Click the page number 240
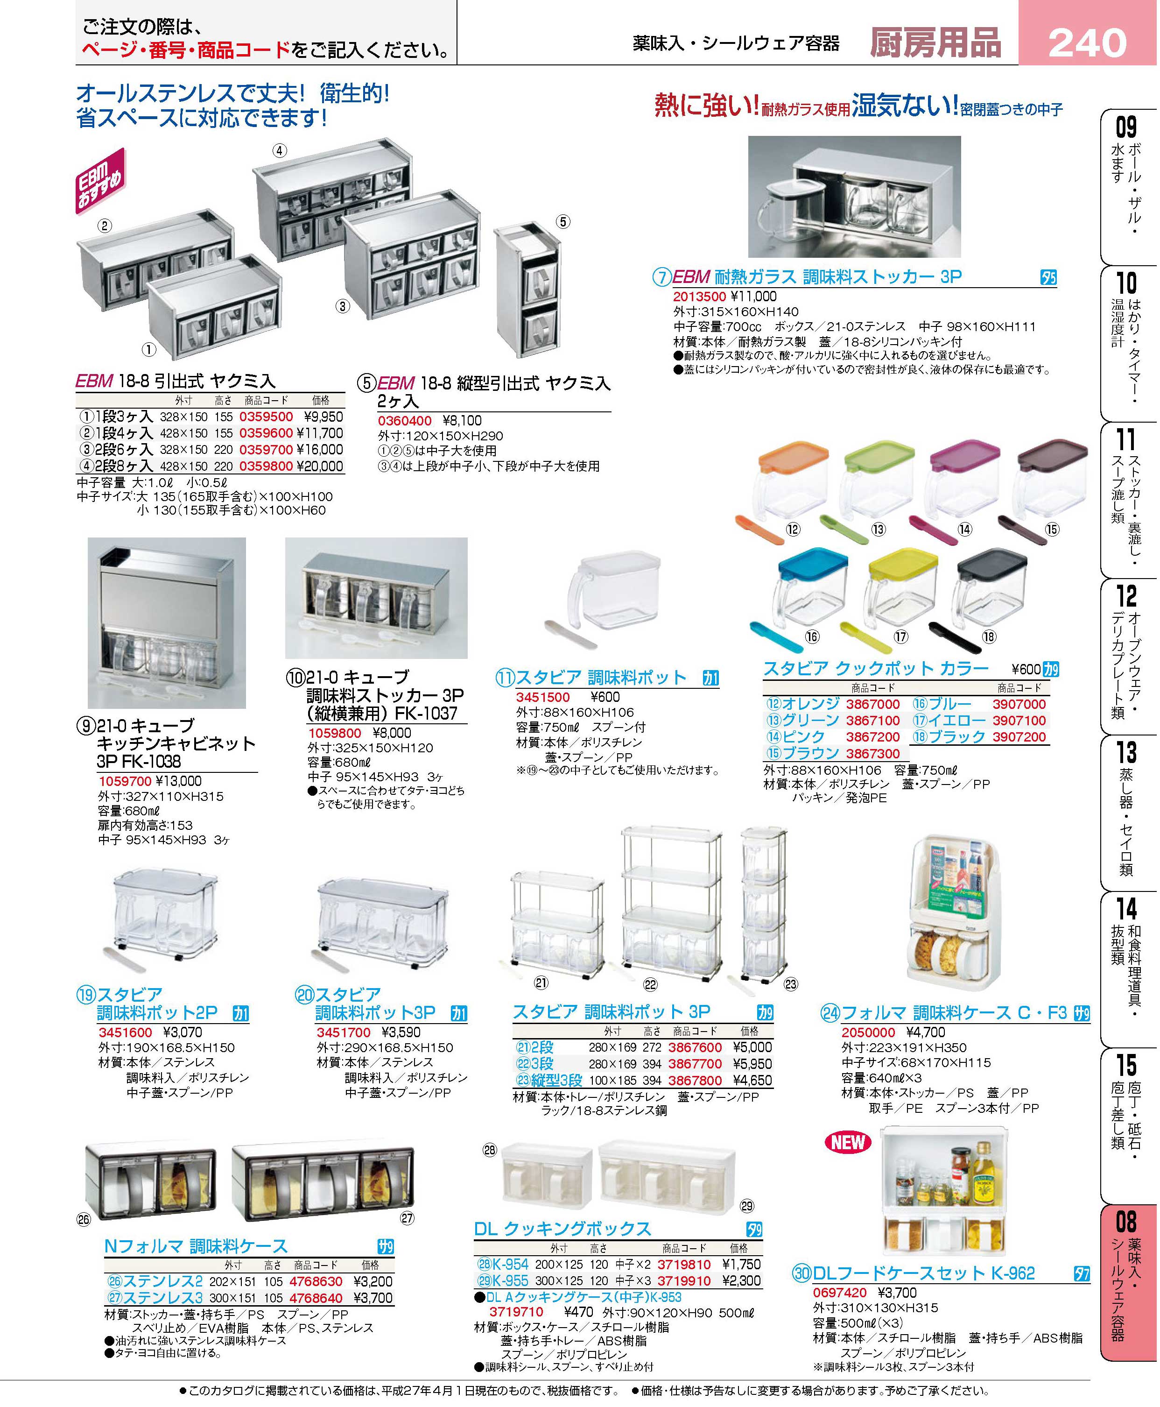(1087, 43)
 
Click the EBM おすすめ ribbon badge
(100, 181)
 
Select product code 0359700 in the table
(266, 450)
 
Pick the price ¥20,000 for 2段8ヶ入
(320, 467)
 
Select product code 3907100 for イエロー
(1019, 721)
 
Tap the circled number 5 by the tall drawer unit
(563, 222)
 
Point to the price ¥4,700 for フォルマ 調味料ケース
(926, 1032)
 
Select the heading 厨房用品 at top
(935, 43)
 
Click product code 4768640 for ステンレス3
(316, 1298)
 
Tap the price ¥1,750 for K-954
(741, 1265)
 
